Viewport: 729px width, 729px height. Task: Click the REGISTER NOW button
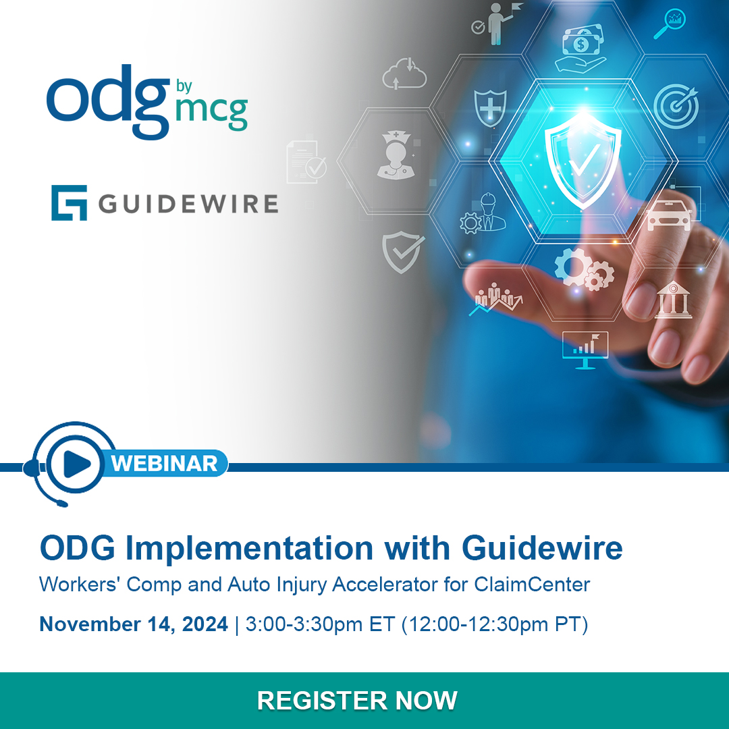point(357,700)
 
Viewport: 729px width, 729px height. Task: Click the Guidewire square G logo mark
point(69,202)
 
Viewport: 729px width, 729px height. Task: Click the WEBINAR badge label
point(164,463)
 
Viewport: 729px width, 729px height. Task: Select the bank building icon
point(673,300)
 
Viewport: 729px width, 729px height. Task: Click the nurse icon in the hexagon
point(393,155)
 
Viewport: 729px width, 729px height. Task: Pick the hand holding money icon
point(580,49)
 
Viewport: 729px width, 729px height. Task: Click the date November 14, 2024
point(134,624)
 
